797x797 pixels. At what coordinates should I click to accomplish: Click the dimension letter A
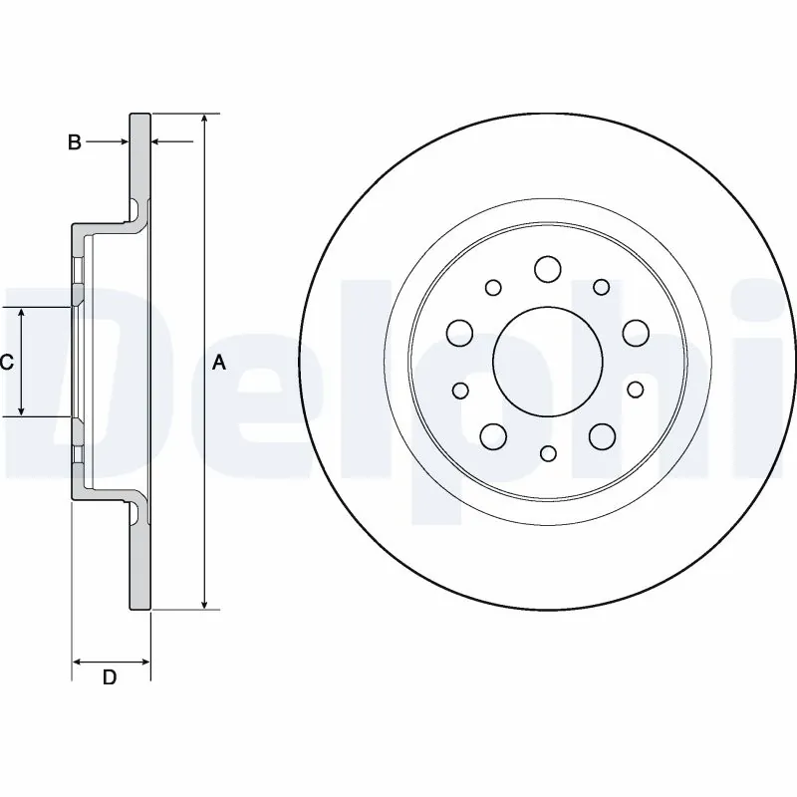point(219,364)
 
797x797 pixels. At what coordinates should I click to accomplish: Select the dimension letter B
point(74,143)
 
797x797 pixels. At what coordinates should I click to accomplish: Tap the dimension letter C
point(6,363)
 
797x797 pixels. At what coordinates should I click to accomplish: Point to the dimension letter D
point(111,678)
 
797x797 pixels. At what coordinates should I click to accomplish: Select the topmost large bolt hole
point(547,268)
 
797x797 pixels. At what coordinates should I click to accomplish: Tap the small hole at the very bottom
point(547,454)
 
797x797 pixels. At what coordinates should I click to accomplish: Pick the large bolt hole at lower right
point(602,435)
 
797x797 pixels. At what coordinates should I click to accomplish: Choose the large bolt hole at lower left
point(492,435)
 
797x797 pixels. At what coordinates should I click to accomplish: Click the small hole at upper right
point(601,287)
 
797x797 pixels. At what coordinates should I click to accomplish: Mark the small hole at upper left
point(493,287)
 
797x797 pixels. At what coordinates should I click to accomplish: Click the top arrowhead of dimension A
point(204,119)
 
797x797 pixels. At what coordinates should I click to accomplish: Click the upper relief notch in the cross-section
point(133,208)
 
